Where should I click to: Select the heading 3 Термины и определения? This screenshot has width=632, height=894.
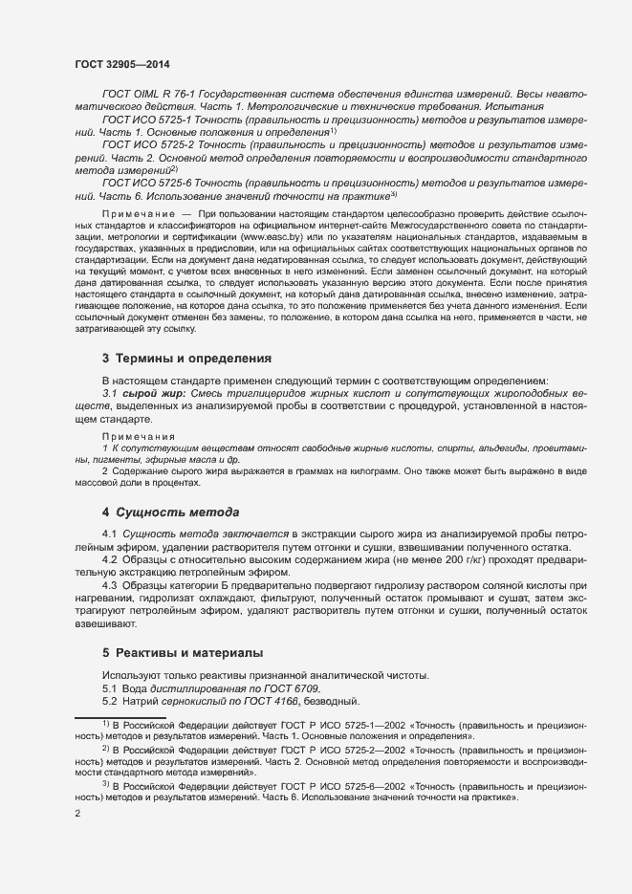186,359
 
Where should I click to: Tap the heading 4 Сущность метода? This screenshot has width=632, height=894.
170,512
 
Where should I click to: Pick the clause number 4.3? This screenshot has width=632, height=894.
110,584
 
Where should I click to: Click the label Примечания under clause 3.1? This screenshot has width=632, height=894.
132,435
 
